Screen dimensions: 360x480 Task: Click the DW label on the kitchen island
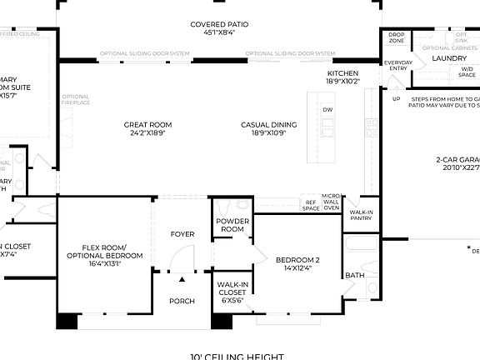point(328,109)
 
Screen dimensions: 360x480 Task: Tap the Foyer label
point(182,234)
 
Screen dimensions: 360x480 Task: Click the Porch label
point(182,301)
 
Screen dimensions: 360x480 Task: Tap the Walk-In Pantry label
point(361,215)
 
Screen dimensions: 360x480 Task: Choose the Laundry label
point(450,59)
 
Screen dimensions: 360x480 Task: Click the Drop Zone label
point(397,37)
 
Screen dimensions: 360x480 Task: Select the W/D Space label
point(466,72)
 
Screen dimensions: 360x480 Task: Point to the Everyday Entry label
point(397,66)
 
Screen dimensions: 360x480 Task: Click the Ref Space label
point(311,205)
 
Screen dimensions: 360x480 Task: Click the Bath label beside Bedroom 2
point(355,275)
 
